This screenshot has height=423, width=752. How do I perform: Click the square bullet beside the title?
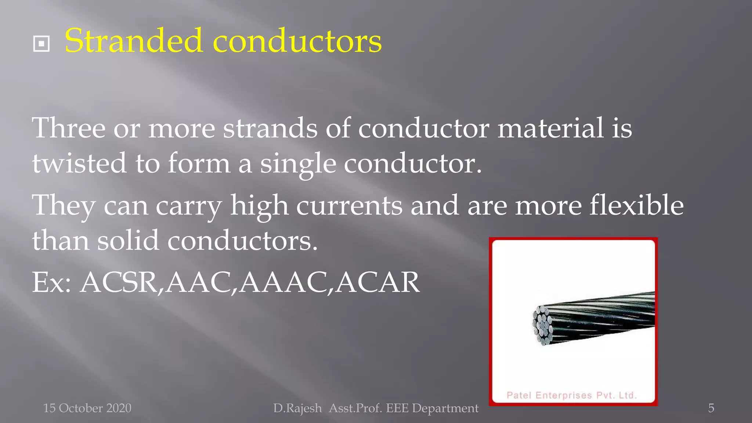[x=41, y=44]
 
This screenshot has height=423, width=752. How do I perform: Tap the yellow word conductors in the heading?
[x=297, y=41]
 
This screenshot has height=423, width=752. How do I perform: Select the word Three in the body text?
[x=69, y=128]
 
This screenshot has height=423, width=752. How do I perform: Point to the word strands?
[x=270, y=128]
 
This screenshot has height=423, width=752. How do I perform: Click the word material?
[x=550, y=128]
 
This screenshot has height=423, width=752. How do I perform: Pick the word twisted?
[x=79, y=163]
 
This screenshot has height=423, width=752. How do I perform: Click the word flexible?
[x=636, y=205]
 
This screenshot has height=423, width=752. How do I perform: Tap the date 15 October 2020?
[x=87, y=408]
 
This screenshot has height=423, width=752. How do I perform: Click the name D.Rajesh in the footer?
[x=297, y=408]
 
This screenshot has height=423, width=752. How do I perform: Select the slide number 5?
[x=711, y=408]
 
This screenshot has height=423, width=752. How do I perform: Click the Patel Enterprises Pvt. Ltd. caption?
[x=571, y=395]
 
